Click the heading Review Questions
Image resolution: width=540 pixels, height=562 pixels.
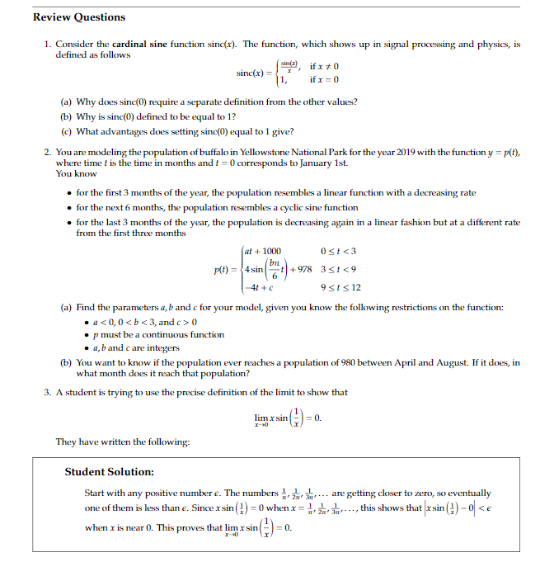(79, 17)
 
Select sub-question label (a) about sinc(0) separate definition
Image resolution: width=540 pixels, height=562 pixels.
(67, 102)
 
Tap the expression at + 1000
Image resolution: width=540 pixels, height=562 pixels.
(263, 251)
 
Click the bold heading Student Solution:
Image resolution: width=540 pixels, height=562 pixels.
(110, 472)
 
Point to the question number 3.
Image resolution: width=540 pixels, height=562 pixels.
(48, 392)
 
